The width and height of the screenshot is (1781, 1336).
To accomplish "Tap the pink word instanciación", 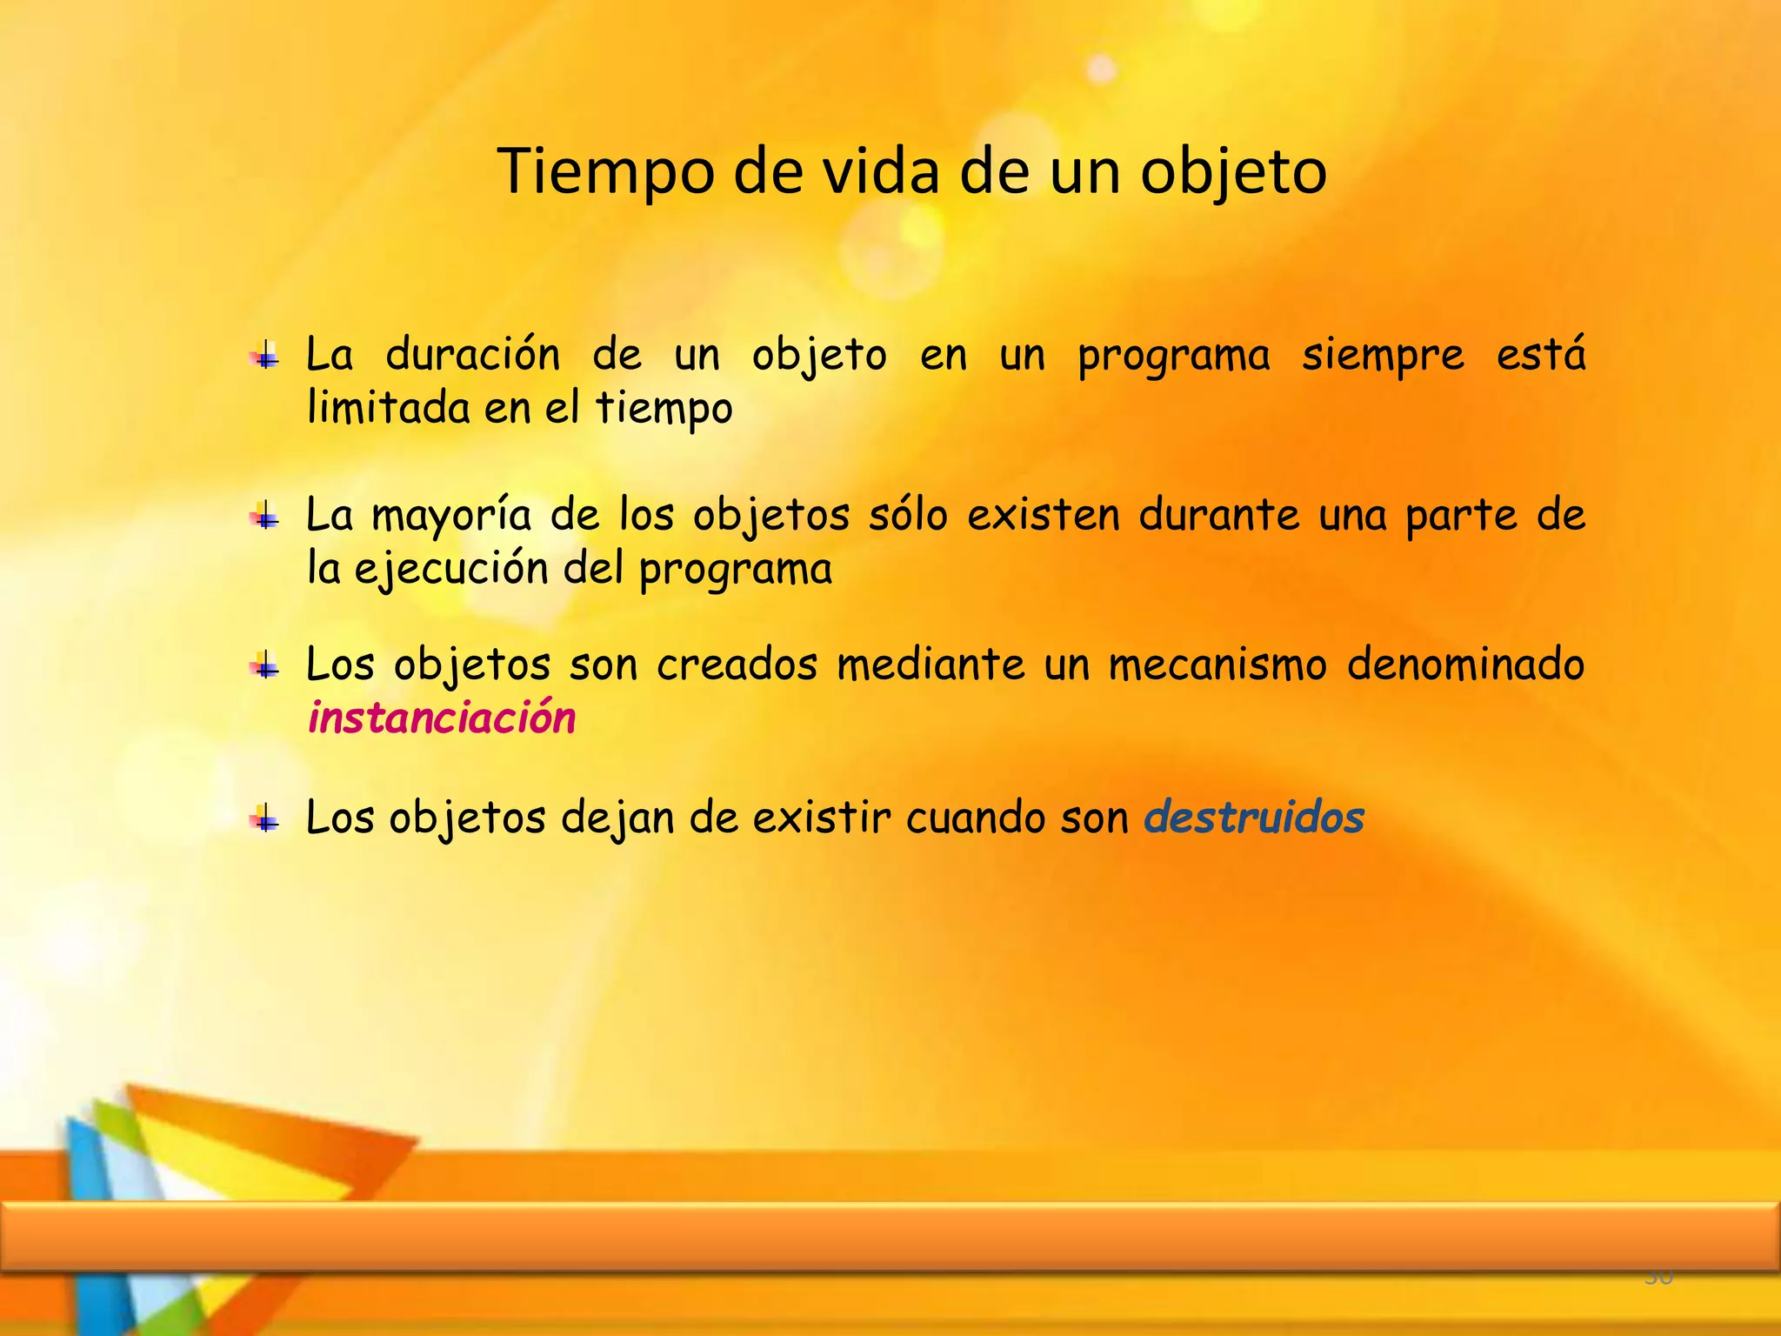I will pyautogui.click(x=442, y=718).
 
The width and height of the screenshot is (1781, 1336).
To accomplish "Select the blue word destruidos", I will pyautogui.click(x=1253, y=818).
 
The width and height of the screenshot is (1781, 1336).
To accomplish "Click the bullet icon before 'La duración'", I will pyautogui.click(x=264, y=357).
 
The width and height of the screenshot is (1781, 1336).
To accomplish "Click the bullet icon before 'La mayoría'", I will pyautogui.click(x=264, y=517).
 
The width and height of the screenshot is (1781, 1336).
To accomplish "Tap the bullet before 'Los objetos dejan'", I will pyautogui.click(x=264, y=819).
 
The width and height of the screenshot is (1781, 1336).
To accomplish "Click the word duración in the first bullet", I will pyautogui.click(x=472, y=355).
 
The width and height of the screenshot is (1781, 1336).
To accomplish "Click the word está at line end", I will pyautogui.click(x=1540, y=355).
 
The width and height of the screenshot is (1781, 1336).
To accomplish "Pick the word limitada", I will pyautogui.click(x=388, y=407).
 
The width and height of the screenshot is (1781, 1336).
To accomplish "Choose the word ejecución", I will pyautogui.click(x=450, y=570).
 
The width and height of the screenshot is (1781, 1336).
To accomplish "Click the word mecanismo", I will pyautogui.click(x=1217, y=665).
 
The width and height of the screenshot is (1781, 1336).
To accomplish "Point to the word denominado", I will pyautogui.click(x=1465, y=665).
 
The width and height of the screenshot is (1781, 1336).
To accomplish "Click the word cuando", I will pyautogui.click(x=975, y=818).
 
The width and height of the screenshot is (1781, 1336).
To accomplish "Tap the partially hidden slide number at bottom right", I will pyautogui.click(x=1658, y=1277).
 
